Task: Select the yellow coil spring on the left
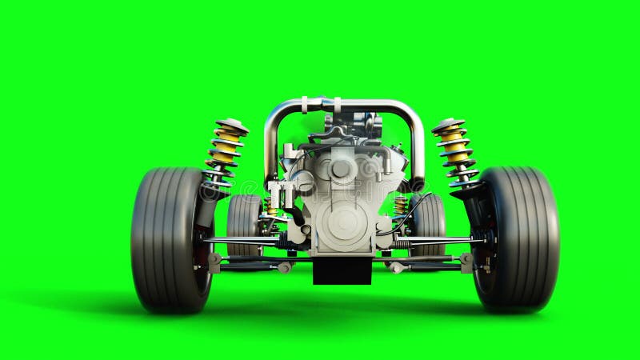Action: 225,148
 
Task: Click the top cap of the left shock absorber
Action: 232,125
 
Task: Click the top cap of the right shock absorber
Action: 448,125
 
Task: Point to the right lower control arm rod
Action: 440,241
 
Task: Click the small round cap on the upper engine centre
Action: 341,169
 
